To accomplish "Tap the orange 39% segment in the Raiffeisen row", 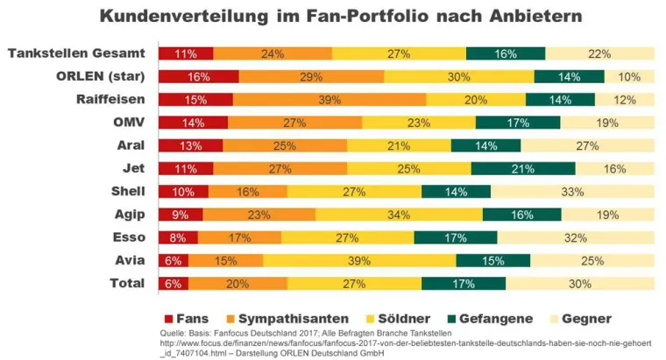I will click(329, 100).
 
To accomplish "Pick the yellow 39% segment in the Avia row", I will click(359, 260).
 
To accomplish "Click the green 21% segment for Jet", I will click(523, 168).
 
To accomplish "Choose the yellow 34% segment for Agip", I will click(399, 214).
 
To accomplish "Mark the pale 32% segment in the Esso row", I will click(576, 236).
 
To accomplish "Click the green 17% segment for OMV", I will click(517, 123).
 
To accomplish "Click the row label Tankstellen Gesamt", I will click(76, 54).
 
